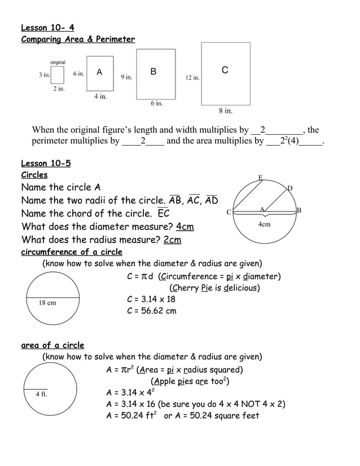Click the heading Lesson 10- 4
pos(47,27)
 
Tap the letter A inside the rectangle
pos(99,72)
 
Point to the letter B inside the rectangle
pos(153,72)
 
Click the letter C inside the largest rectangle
pos(225,70)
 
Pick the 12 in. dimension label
pos(192,78)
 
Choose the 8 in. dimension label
pos(226,111)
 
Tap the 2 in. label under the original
pos(59,89)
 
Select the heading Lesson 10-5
pos(46,164)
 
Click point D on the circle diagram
pos(290,188)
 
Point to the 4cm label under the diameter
pos(264,224)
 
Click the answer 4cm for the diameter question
pos(185,227)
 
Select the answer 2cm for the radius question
pos(172,240)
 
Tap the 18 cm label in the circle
pos(47,303)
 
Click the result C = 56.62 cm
pos(151,311)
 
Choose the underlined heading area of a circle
pos(52,345)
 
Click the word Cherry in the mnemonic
pos(186,288)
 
